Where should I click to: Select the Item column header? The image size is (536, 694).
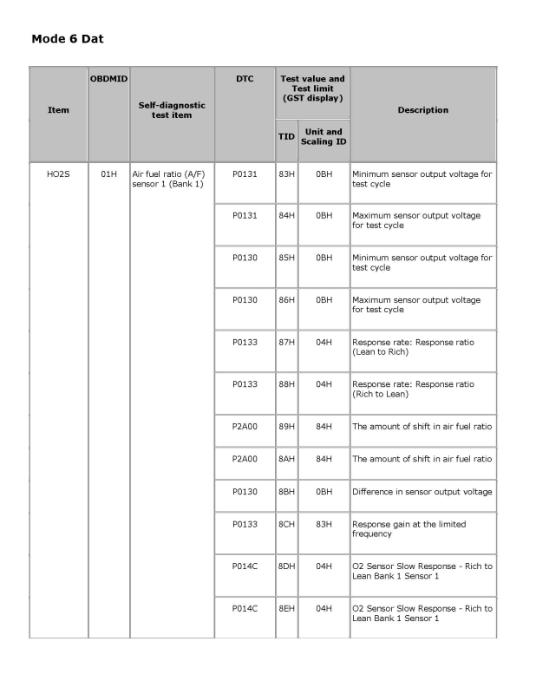[58, 110]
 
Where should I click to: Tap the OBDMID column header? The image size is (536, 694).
[108, 79]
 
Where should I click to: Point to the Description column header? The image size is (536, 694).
[422, 110]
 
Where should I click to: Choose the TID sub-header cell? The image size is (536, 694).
[286, 136]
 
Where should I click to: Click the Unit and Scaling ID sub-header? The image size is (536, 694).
[324, 136]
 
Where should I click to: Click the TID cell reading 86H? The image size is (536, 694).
[286, 299]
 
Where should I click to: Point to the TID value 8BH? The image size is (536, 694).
[286, 492]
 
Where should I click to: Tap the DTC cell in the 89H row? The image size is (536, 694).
[245, 426]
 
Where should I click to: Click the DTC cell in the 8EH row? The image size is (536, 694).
[245, 609]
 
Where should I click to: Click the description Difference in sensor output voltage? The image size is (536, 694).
[422, 492]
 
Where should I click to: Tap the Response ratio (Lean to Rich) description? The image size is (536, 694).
[413, 347]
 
